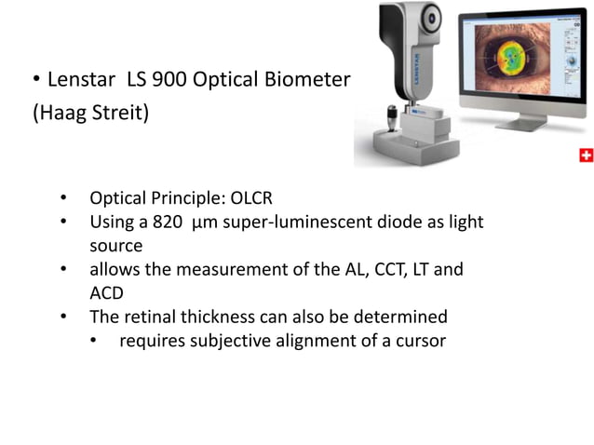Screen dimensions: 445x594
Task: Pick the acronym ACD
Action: point(108,292)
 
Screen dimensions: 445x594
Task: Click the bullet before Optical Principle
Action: point(62,199)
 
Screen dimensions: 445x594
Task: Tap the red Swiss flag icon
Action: point(586,155)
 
